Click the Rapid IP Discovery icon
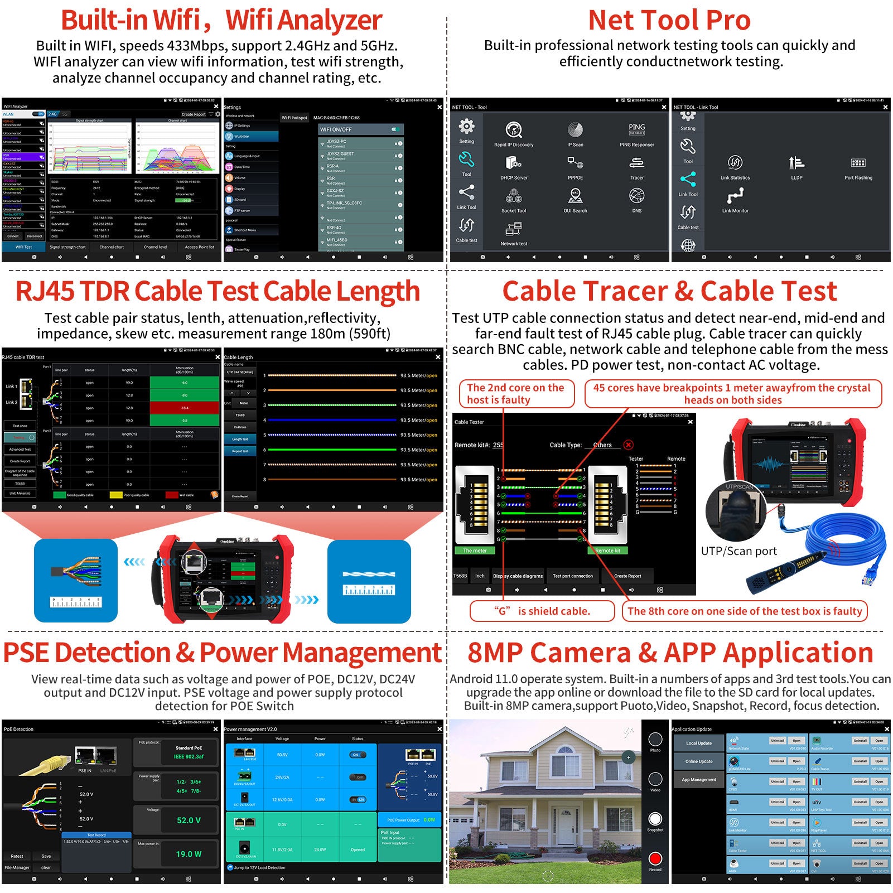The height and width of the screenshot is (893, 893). pos(513,130)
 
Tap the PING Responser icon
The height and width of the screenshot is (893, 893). pos(636,129)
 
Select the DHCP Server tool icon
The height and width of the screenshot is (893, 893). pos(513,163)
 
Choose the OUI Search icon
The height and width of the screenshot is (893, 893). pos(575,196)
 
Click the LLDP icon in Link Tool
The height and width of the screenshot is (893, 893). pos(796,163)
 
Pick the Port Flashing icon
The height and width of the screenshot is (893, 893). pos(858,163)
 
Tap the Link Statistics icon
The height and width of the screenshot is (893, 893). pos(735,163)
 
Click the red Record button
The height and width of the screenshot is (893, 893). pos(655,858)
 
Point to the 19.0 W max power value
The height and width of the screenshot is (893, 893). pos(189,854)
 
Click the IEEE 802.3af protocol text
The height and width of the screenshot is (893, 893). pos(189,756)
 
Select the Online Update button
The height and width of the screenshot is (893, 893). pos(698,761)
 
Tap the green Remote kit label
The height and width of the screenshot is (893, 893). pos(607,551)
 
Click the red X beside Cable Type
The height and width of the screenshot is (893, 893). pos(629,445)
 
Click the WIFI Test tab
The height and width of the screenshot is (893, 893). pos(23,247)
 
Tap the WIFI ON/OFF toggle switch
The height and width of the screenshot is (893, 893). pos(395,129)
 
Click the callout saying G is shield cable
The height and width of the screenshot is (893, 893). pos(542,611)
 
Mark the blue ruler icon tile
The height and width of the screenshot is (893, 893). pos(369,581)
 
